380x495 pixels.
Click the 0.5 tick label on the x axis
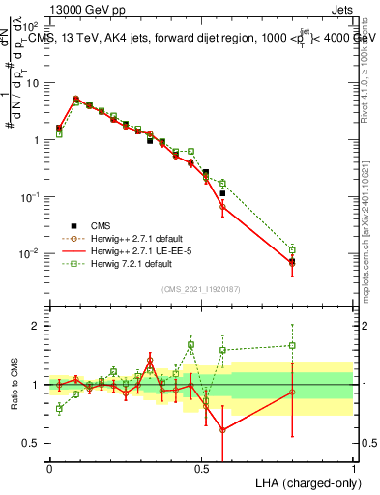click(x=201, y=468)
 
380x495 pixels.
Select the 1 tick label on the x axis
click(x=353, y=468)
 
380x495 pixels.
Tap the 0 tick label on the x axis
click(x=49, y=468)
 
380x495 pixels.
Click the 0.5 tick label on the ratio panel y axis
click(x=32, y=443)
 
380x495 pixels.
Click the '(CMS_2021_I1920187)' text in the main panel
click(x=201, y=288)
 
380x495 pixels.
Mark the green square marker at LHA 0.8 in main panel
click(x=292, y=249)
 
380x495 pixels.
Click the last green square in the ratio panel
click(x=292, y=345)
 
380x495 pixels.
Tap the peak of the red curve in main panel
click(x=75, y=99)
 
